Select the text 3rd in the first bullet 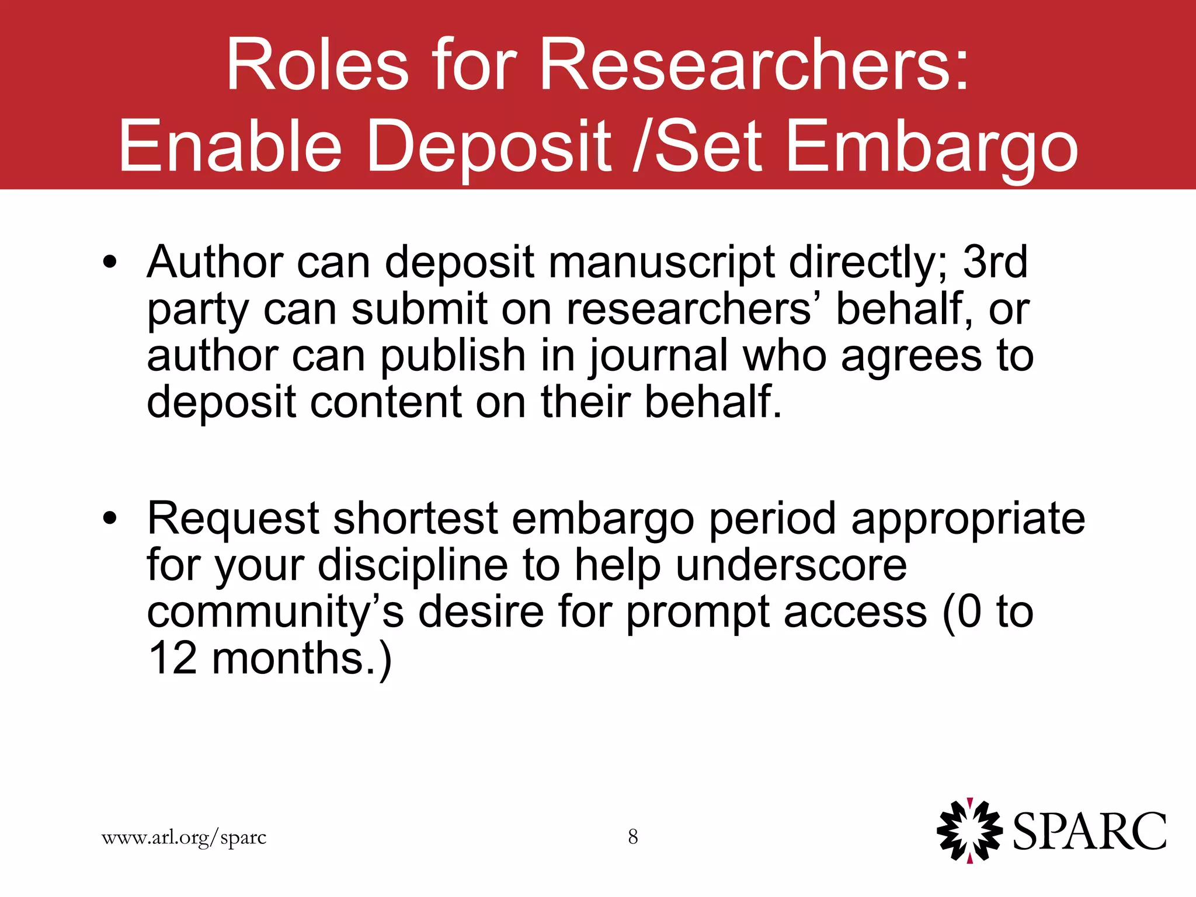point(995,262)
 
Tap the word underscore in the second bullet point(791,565)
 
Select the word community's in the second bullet point(275,613)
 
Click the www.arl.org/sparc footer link point(184,837)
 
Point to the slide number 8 point(633,837)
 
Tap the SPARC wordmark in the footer point(1089,832)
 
